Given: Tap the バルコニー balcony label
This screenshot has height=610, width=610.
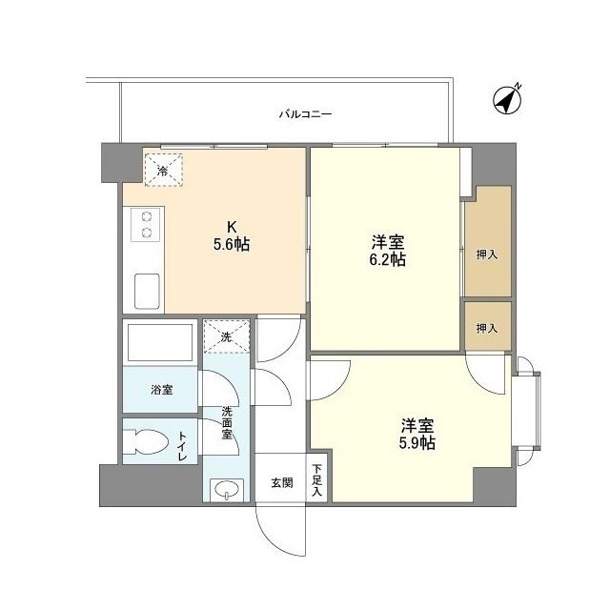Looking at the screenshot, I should [x=305, y=114].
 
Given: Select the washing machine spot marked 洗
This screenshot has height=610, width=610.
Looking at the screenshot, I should [x=225, y=336].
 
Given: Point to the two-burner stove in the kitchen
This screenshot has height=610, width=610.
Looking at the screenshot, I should [x=147, y=225].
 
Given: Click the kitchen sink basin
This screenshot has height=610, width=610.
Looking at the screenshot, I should [x=147, y=291].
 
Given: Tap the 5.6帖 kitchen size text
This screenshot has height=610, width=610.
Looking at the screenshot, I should [x=232, y=244].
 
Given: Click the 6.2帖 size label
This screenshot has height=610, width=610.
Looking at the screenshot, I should [x=388, y=259].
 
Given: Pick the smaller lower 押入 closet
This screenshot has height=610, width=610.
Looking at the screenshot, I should [x=487, y=327].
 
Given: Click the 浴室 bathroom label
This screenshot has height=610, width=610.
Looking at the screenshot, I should [x=161, y=390].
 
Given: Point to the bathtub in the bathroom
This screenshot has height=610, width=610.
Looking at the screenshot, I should [x=161, y=342].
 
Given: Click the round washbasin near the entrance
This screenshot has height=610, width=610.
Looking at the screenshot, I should [x=227, y=490].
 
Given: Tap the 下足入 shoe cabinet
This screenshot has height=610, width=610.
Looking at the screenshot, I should [x=316, y=479].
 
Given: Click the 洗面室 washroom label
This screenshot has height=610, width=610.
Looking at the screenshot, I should [x=227, y=422].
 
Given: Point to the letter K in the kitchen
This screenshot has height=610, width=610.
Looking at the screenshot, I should [x=231, y=227].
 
